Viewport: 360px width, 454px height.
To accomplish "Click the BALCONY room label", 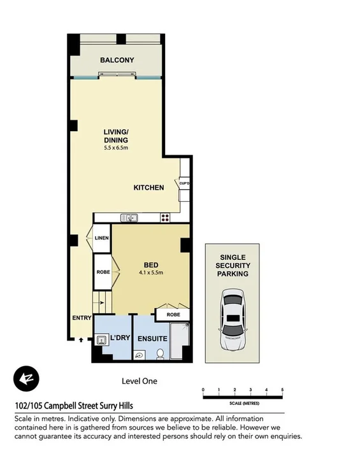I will pyautogui.click(x=117, y=60).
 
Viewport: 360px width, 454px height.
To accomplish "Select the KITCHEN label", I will pyautogui.click(x=148, y=188).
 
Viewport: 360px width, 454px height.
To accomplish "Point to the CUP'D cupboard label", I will pyautogui.click(x=185, y=183).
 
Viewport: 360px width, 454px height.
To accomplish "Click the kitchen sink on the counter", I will pyautogui.click(x=130, y=218).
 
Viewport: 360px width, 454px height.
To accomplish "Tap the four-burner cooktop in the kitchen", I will pyautogui.click(x=165, y=218).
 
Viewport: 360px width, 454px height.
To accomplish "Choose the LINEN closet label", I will pyautogui.click(x=102, y=238).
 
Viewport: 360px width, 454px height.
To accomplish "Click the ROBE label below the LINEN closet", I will pyautogui.click(x=103, y=272).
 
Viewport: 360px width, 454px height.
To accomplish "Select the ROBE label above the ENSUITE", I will pyautogui.click(x=173, y=315).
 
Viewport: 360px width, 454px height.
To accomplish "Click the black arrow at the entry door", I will pyautogui.click(x=80, y=341).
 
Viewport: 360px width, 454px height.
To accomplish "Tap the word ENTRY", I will pyautogui.click(x=82, y=318).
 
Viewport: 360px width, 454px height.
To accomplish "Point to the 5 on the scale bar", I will pyautogui.click(x=282, y=389).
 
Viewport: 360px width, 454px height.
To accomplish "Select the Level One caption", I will pyautogui.click(x=139, y=381).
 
